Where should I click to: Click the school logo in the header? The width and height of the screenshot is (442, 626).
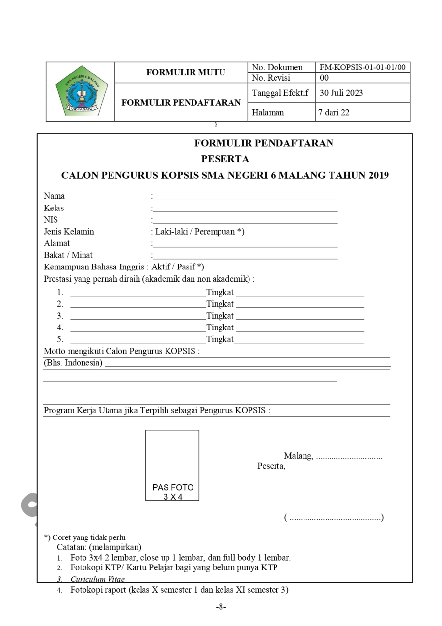coord(80,92)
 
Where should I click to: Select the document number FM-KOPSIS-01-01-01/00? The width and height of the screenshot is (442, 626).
coord(362,67)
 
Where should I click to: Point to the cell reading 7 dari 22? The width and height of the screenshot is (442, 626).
coord(334,112)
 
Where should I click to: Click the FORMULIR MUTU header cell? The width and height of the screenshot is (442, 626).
coord(186,72)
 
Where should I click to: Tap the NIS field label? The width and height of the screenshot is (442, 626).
coord(51,220)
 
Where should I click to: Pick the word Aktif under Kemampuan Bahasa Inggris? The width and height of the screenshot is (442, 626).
coord(160,267)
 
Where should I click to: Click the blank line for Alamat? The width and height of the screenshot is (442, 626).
coord(245,244)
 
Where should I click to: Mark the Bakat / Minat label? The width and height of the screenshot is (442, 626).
coord(68,255)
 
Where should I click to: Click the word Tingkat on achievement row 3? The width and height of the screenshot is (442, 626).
coord(220,316)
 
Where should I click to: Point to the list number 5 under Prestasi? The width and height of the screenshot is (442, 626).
coord(60,339)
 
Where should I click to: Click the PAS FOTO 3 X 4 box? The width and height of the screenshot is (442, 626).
coord(172,465)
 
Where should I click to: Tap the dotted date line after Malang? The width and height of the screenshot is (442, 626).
coord(349,456)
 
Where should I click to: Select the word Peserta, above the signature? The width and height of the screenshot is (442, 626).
coord(271,466)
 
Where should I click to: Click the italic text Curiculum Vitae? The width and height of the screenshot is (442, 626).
coord(97,579)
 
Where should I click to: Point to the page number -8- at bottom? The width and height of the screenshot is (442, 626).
coord(221,607)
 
